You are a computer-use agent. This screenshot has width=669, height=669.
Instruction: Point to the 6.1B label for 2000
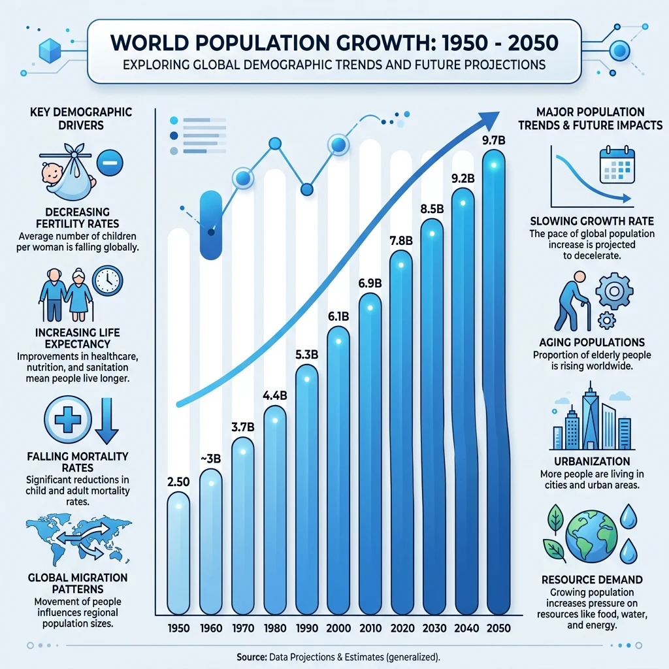tap(338, 317)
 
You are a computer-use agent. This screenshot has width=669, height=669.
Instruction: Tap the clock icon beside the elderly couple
tap(106, 281)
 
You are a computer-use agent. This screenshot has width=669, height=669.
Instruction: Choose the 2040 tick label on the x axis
tap(464, 628)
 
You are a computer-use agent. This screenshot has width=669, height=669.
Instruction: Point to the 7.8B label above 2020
tap(400, 240)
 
